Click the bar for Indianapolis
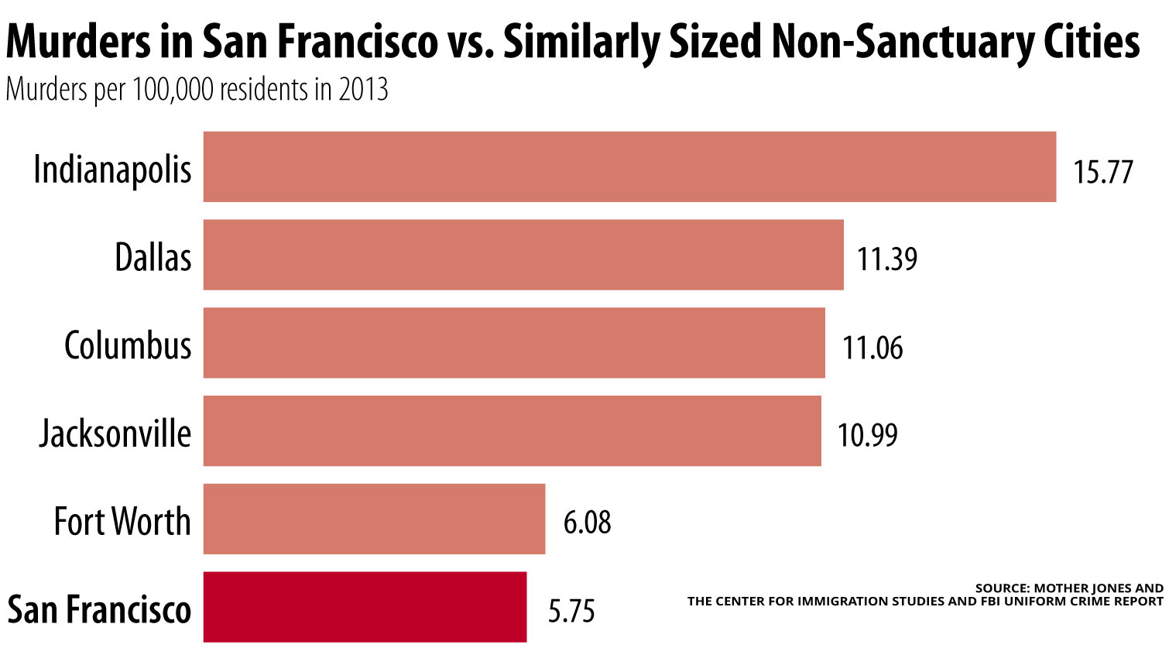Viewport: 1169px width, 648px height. pyautogui.click(x=629, y=166)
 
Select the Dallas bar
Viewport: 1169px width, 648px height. pyautogui.click(x=523, y=255)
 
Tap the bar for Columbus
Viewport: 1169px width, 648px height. pyautogui.click(x=514, y=343)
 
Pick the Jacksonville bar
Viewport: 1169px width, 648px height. pyautogui.click(x=512, y=431)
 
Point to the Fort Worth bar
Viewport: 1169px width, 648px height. pyautogui.click(x=374, y=519)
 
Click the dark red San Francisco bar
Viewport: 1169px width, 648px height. pyautogui.click(x=365, y=607)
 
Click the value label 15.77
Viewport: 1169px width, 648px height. pyautogui.click(x=1102, y=172)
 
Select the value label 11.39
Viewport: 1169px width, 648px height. pyautogui.click(x=887, y=259)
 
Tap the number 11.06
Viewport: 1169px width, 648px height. pyautogui.click(x=872, y=348)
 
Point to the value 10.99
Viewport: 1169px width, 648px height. pyautogui.click(x=867, y=435)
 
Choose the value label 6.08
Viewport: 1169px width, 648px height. pyautogui.click(x=587, y=523)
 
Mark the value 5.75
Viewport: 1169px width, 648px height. pyautogui.click(x=571, y=611)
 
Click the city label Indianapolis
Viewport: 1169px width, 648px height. pyautogui.click(x=113, y=170)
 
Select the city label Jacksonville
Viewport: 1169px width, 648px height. pyautogui.click(x=115, y=434)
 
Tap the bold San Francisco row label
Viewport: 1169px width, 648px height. pyautogui.click(x=99, y=609)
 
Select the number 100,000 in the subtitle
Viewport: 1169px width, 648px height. pyautogui.click(x=173, y=90)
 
